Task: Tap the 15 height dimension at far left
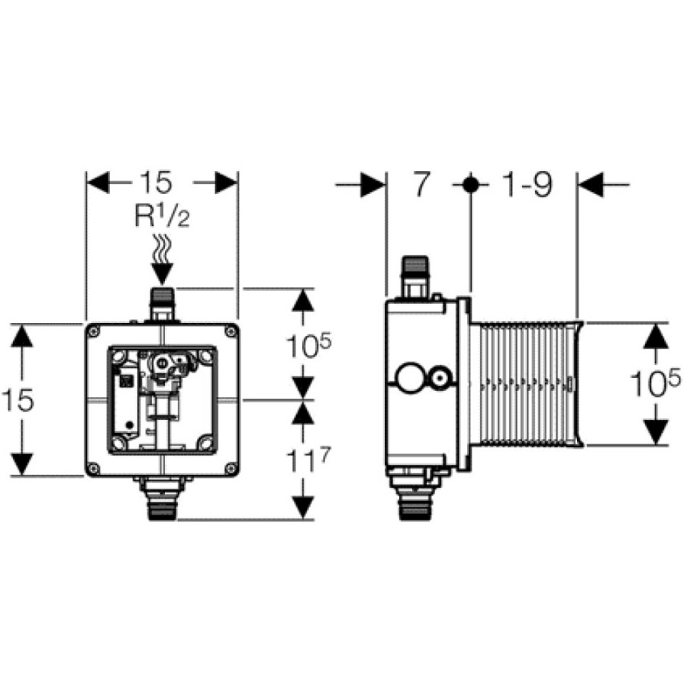18,400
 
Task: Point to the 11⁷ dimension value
307,460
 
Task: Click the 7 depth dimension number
421,184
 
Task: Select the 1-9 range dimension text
527,184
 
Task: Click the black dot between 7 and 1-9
470,185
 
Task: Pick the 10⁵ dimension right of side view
656,382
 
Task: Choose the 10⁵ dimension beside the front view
308,345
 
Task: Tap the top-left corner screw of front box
93,331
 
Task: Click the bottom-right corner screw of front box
231,469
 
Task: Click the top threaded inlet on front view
162,303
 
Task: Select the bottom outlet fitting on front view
162,498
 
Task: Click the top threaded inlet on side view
414,277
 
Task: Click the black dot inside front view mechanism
129,425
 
